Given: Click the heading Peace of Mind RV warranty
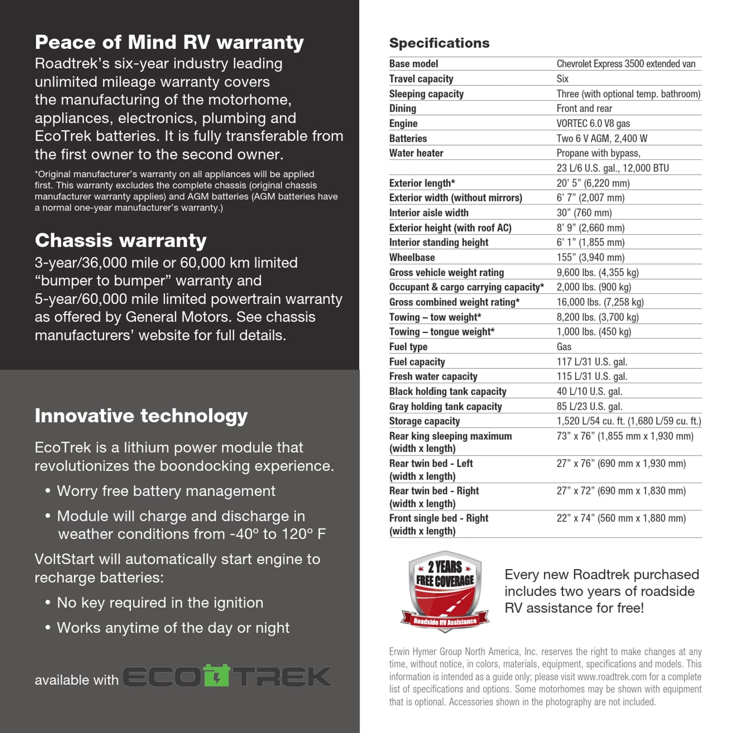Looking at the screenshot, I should click(x=169, y=42).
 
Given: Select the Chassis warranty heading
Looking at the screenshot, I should click(x=121, y=240).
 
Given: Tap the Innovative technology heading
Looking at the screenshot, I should click(x=141, y=416).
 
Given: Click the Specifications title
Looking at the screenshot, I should click(x=439, y=43).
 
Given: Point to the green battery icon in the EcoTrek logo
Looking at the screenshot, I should click(x=216, y=675).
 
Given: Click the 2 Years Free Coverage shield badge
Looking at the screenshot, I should click(x=445, y=590).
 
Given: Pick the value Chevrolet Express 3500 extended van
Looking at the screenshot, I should click(x=626, y=64).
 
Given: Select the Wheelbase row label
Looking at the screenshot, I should click(x=412, y=258).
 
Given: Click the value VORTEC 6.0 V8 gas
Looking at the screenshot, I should click(x=593, y=123).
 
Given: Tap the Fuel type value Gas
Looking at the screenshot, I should click(x=564, y=347).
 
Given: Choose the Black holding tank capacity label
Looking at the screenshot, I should click(x=447, y=391).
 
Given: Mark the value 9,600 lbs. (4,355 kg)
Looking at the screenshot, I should click(x=598, y=272).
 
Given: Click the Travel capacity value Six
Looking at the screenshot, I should click(x=562, y=79).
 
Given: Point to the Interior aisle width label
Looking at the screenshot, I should click(x=429, y=213).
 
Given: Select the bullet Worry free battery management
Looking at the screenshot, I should click(x=166, y=491).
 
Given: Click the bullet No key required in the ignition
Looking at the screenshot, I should click(x=160, y=603).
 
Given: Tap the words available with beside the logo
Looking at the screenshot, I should click(x=76, y=680).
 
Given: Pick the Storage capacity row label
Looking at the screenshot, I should click(x=425, y=421).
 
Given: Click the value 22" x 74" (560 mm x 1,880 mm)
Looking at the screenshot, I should click(x=621, y=518).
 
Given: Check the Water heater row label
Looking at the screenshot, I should click(x=416, y=153).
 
